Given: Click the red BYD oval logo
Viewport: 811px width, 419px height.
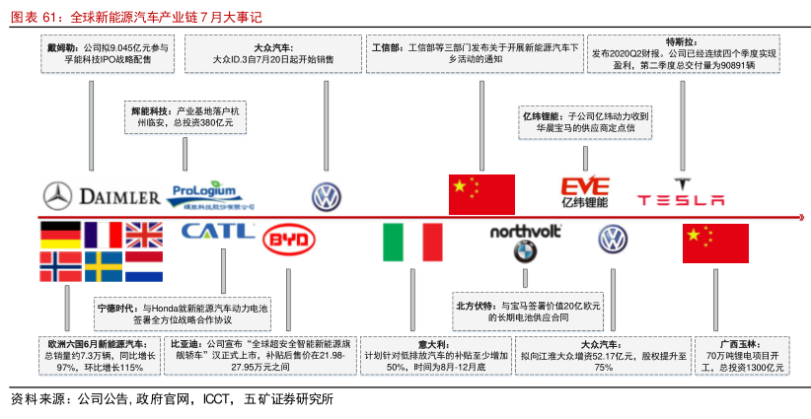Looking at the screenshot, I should tap(288, 241).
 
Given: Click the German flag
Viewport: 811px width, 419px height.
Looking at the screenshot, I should tap(60, 235).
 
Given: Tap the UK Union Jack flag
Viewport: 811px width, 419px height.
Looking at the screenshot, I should tap(143, 235).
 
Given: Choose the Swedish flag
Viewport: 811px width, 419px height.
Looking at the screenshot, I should tap(103, 266).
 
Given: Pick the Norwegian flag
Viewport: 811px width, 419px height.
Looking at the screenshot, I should tap(60, 266).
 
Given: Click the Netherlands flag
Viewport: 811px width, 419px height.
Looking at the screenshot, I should tap(143, 266).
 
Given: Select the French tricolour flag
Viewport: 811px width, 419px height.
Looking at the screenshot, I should tap(103, 235).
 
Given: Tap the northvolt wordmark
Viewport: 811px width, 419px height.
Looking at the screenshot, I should tap(525, 231).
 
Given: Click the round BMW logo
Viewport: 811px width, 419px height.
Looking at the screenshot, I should tap(524, 252).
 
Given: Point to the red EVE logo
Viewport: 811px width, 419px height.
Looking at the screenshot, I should tap(585, 186).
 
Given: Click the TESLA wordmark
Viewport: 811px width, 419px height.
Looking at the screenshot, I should tap(680, 200).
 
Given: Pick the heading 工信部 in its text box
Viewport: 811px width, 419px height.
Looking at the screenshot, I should tap(389, 47).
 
